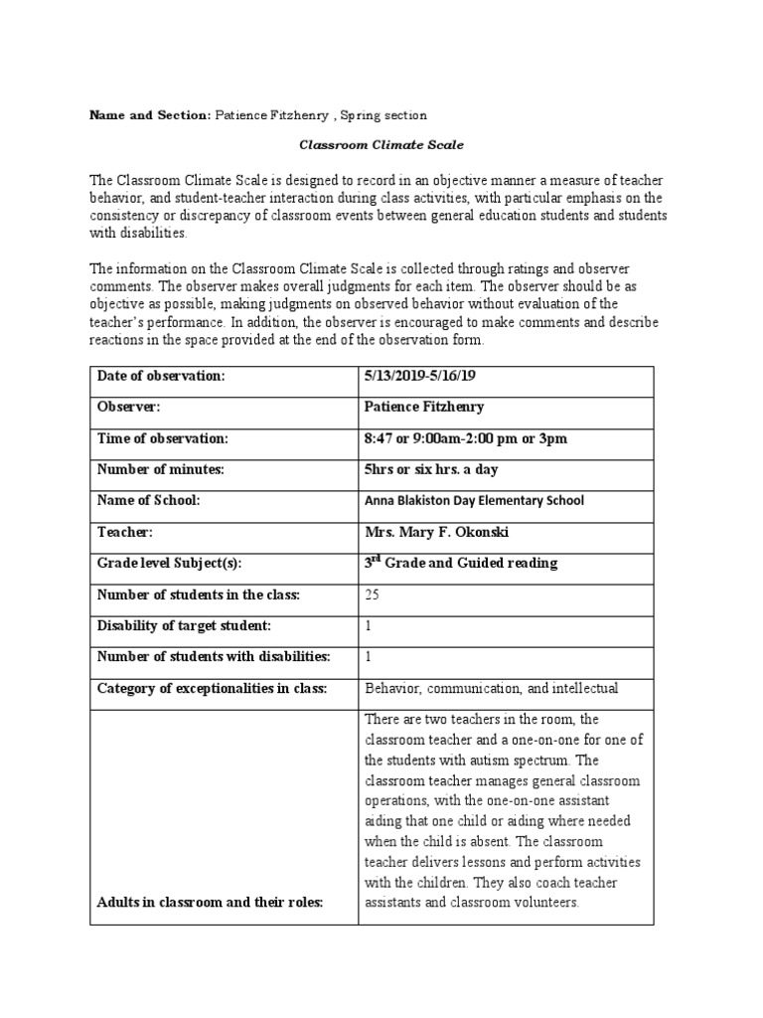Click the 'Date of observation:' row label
(x=162, y=376)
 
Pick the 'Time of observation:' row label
(x=163, y=438)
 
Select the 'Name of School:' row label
(x=148, y=500)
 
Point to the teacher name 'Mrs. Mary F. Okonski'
(x=437, y=532)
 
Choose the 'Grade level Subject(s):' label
(x=169, y=564)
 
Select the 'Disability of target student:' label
(x=183, y=625)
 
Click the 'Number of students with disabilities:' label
(x=213, y=656)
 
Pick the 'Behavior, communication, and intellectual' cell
(x=492, y=688)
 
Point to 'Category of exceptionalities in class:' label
(x=212, y=688)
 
